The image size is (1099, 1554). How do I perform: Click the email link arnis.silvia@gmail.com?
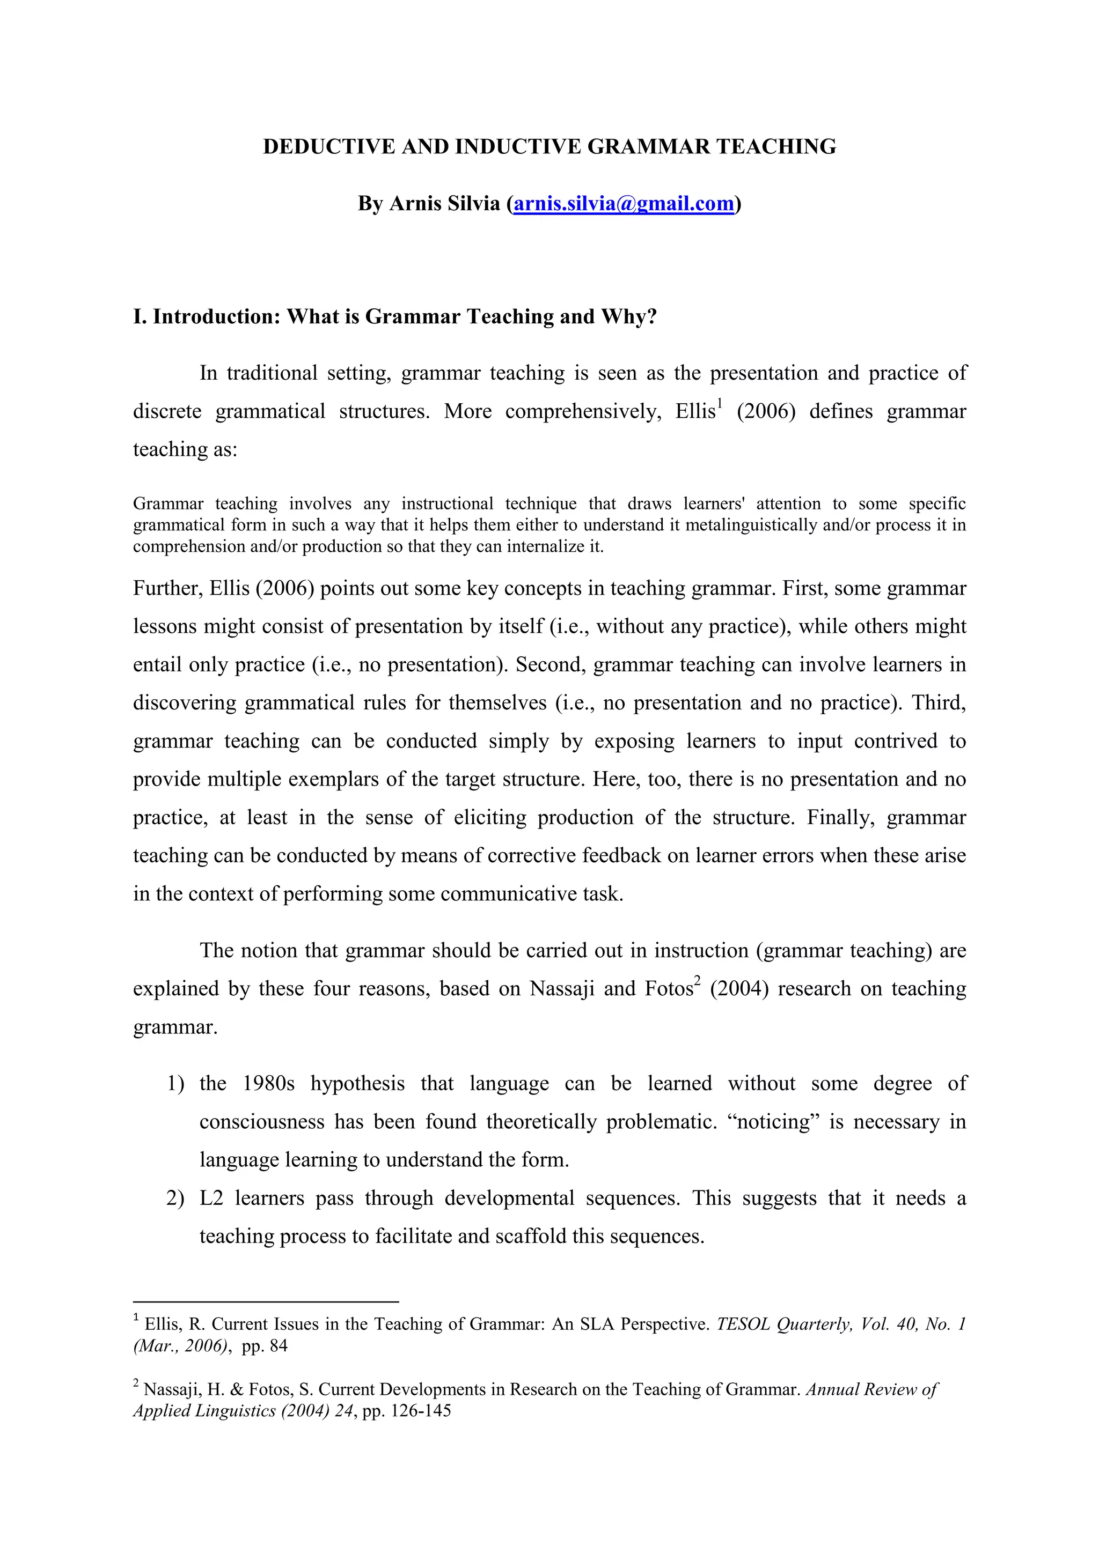point(624,204)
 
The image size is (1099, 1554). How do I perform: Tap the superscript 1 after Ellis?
point(720,405)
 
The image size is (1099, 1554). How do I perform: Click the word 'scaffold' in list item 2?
point(531,1237)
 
